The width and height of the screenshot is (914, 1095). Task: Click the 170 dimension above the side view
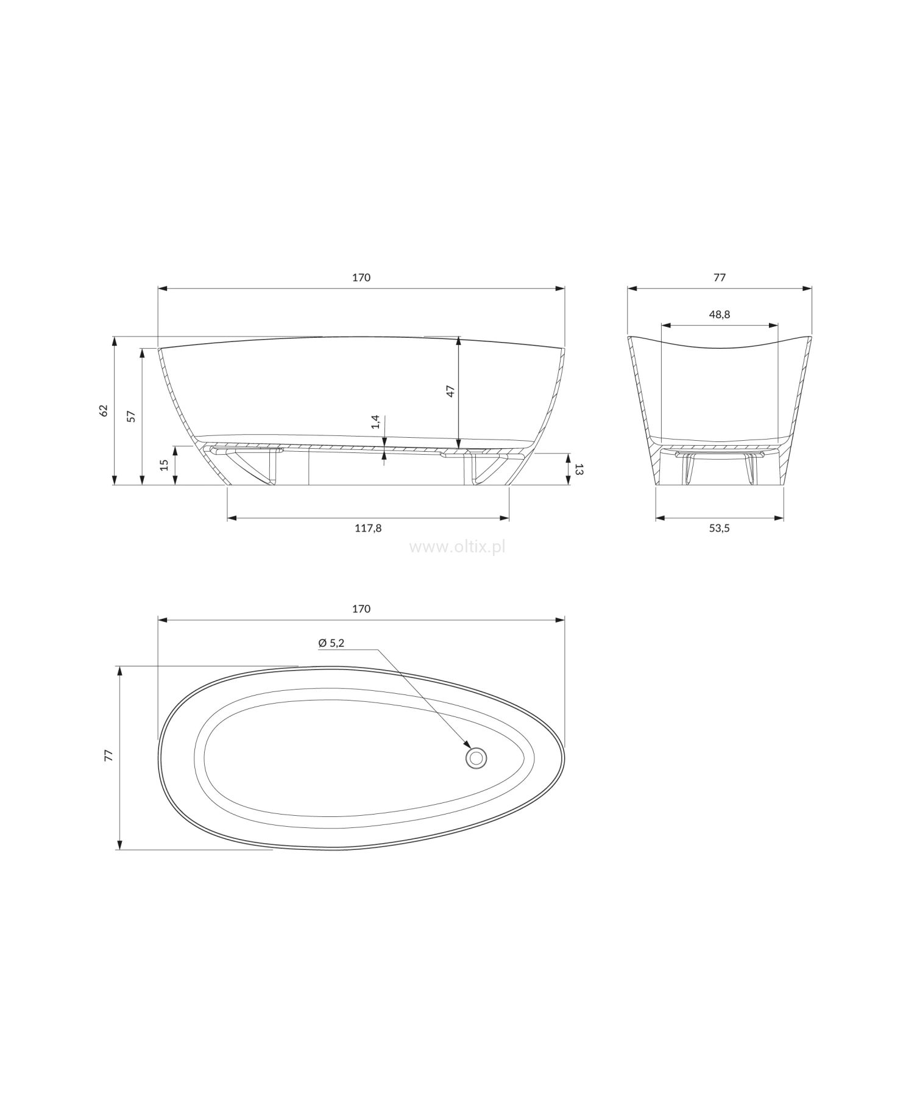(x=361, y=277)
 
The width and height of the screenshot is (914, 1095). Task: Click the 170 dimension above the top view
(x=361, y=608)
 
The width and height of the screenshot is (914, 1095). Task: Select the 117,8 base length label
(x=368, y=528)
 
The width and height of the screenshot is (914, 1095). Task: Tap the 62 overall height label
(x=104, y=410)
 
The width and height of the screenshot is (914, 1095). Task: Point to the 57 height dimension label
(x=131, y=416)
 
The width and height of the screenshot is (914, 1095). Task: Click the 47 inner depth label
(x=450, y=391)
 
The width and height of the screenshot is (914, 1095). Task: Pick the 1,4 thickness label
(x=376, y=422)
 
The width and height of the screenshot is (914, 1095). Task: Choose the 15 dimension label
(x=164, y=465)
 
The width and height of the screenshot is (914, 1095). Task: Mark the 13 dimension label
(x=579, y=469)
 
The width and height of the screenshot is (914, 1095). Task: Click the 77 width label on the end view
(x=720, y=277)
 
